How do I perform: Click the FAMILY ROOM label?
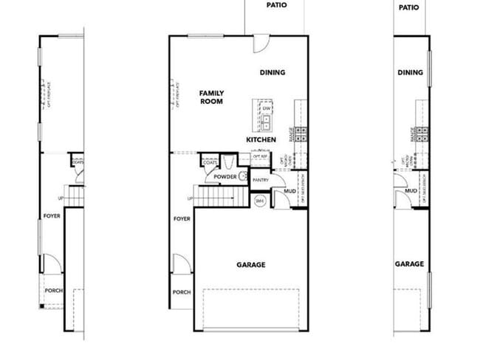click(211, 97)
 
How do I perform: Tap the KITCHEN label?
click(261, 139)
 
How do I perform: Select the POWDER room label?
click(225, 177)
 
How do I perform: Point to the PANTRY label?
click(259, 179)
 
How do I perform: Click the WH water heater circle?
click(260, 200)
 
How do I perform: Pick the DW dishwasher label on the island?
click(266, 108)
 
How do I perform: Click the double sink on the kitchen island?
click(266, 121)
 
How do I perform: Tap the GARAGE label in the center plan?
click(251, 264)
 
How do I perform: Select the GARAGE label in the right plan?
click(409, 264)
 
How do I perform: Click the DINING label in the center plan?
click(272, 72)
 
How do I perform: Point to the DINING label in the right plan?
click(410, 72)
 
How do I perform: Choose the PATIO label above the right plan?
click(409, 7)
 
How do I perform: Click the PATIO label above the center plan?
click(276, 4)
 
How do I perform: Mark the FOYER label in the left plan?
click(51, 216)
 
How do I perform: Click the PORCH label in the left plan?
click(54, 290)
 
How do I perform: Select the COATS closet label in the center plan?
click(210, 163)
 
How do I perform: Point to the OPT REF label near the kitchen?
click(259, 156)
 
